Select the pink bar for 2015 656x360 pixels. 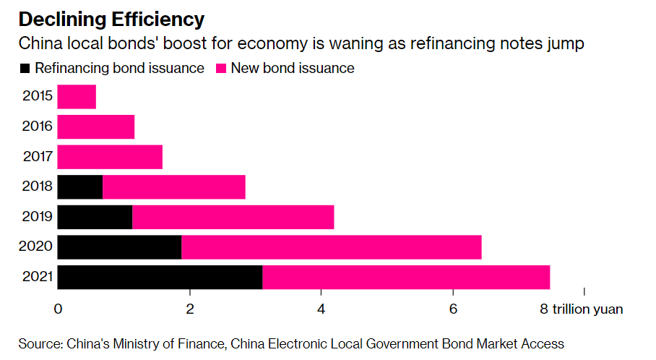(x=77, y=97)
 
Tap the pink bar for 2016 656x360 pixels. (x=95, y=127)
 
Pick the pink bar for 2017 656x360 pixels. (x=110, y=157)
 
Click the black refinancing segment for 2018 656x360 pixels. (x=79, y=187)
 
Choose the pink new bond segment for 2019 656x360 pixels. (x=233, y=217)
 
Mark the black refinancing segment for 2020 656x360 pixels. (x=119, y=247)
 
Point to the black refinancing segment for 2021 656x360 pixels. (x=160, y=278)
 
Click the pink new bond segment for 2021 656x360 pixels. (x=405, y=278)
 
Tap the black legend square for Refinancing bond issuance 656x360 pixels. (x=25, y=69)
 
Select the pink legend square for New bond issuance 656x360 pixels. (x=221, y=69)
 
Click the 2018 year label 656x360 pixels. (x=38, y=187)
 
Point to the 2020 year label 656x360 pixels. (x=38, y=247)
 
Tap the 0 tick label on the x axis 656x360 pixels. (x=58, y=309)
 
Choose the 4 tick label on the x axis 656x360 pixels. (x=321, y=309)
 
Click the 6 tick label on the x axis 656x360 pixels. (x=453, y=309)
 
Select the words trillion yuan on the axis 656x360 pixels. (x=587, y=309)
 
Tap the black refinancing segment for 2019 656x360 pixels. (x=95, y=217)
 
